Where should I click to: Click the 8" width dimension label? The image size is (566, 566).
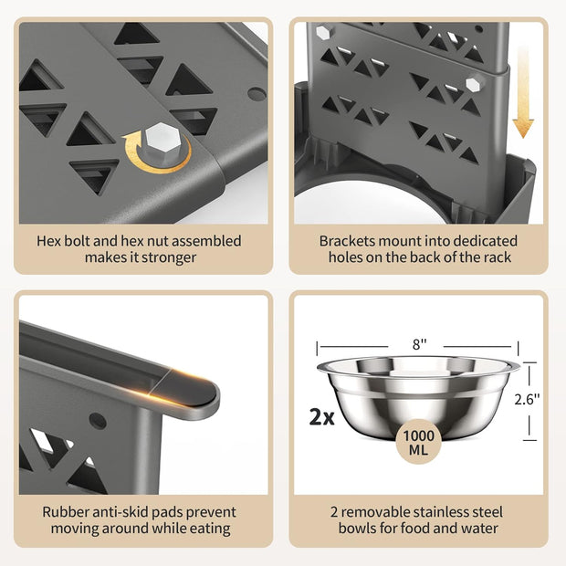tap(419, 344)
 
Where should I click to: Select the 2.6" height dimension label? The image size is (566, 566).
tap(527, 399)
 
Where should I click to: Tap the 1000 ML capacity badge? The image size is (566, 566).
tap(419, 442)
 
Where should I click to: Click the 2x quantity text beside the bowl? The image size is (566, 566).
tap(322, 416)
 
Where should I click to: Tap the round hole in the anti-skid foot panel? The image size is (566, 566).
tap(98, 421)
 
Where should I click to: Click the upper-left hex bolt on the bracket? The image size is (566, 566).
tap(323, 33)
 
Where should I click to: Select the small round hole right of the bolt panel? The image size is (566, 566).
tap(257, 94)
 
